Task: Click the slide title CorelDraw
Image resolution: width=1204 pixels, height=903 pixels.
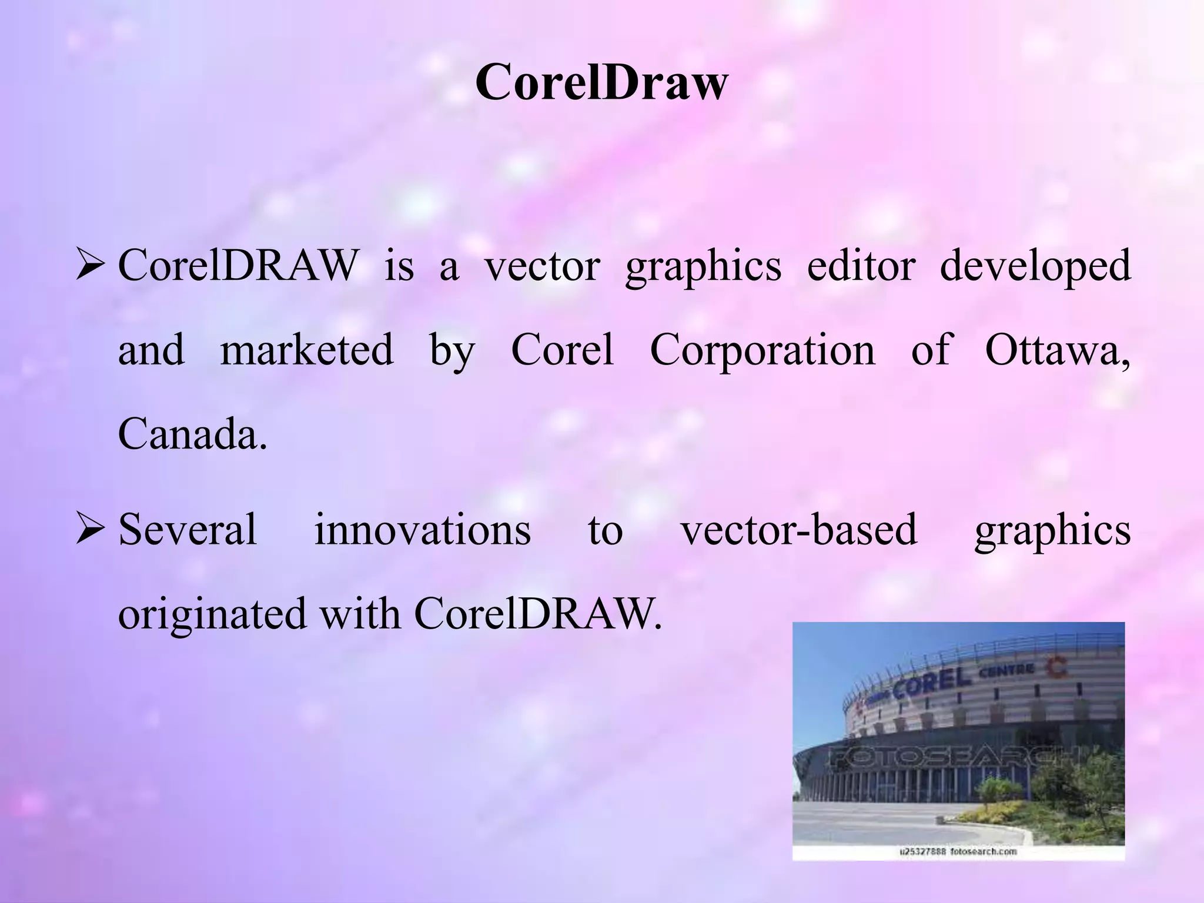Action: pyautogui.click(x=601, y=83)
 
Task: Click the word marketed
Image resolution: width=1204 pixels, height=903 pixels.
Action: pyautogui.click(x=306, y=350)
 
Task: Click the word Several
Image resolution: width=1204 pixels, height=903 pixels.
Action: pyautogui.click(x=188, y=529)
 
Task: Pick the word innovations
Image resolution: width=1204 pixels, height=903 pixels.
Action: pyautogui.click(x=422, y=529)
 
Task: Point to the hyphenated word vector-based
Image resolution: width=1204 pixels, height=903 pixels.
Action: pyautogui.click(x=799, y=529)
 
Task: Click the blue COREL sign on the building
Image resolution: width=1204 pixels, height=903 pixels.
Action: pyautogui.click(x=932, y=684)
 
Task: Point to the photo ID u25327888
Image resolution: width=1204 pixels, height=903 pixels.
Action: pyautogui.click(x=924, y=851)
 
